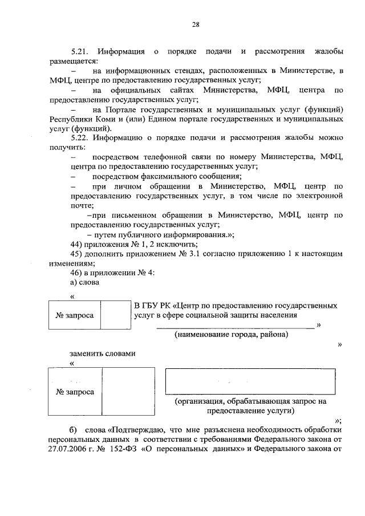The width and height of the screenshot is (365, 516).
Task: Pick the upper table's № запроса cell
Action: pyautogui.click(x=74, y=315)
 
